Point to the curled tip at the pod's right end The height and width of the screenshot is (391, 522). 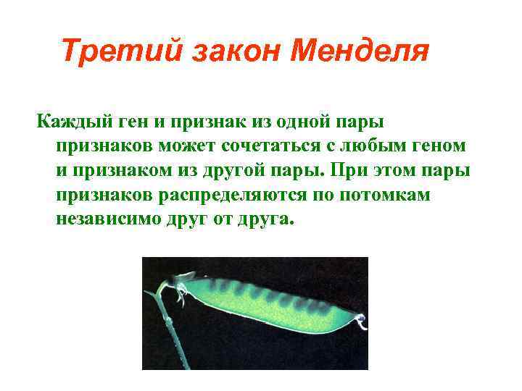[360, 322]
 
